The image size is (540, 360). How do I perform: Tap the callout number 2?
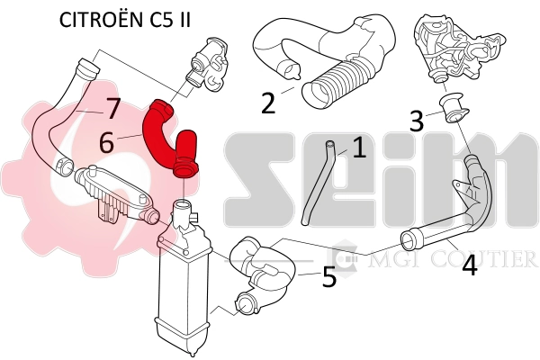click(268, 103)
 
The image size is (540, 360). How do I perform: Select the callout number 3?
click(416, 119)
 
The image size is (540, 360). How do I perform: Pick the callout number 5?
click(329, 277)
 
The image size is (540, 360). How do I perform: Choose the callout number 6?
click(107, 142)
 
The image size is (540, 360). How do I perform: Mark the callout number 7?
click(112, 110)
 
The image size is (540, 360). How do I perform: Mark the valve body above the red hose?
click(204, 61)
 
